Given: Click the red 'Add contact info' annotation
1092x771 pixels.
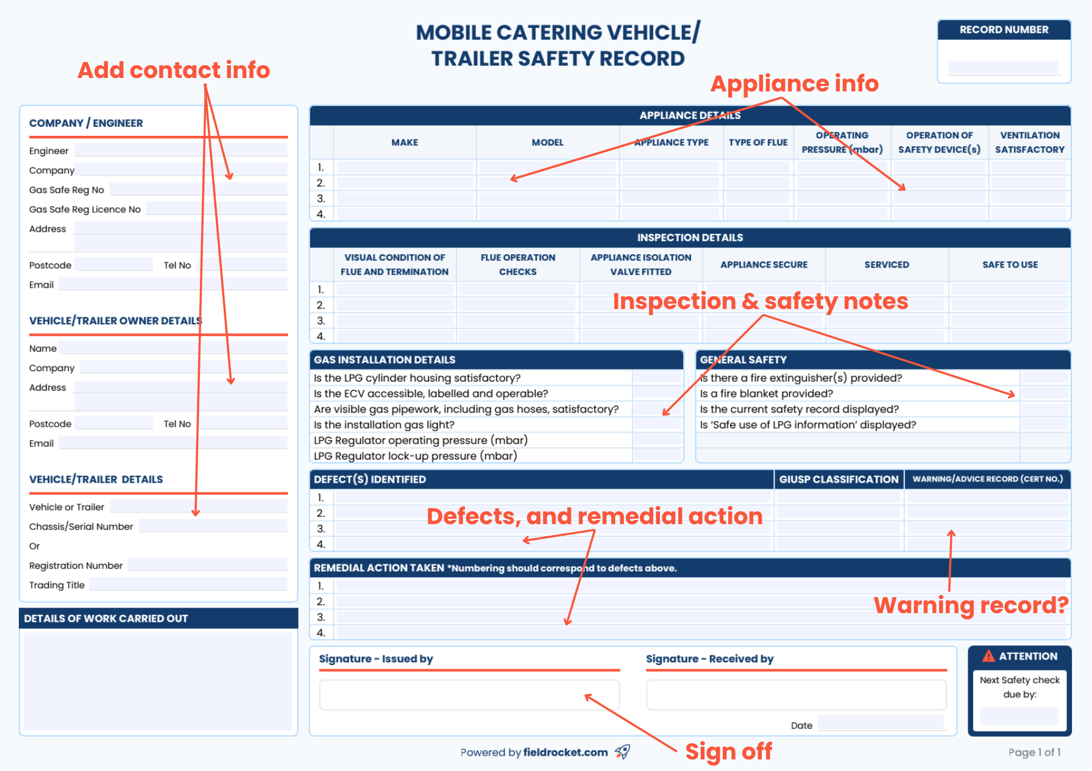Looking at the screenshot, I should click(x=174, y=70).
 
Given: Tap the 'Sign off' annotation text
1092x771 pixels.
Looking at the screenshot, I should click(x=728, y=751).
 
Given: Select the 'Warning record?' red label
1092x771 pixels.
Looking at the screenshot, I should click(x=971, y=605).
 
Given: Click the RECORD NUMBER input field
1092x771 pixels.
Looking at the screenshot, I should click(x=1003, y=68).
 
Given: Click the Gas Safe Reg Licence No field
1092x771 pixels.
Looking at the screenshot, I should click(x=216, y=209).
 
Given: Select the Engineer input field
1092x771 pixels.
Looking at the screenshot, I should click(x=180, y=151).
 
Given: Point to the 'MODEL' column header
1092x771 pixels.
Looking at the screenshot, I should click(x=547, y=143).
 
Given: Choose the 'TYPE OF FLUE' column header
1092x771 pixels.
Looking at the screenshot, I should click(x=758, y=143).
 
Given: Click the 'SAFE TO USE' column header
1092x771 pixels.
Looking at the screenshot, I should click(x=1010, y=265).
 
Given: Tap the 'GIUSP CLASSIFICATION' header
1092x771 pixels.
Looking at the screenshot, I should click(x=838, y=480).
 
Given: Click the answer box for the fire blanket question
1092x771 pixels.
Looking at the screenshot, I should click(x=1044, y=394).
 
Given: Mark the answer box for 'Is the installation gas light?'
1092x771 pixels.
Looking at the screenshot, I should click(x=657, y=425).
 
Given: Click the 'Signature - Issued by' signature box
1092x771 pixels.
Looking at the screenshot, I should click(x=469, y=695).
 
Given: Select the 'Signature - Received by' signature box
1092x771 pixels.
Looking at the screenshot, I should click(x=796, y=695).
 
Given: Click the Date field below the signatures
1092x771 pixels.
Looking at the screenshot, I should click(x=881, y=724).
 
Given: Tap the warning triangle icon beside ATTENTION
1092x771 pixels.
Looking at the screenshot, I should click(x=988, y=656).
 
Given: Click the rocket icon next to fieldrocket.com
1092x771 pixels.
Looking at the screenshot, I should click(x=622, y=751).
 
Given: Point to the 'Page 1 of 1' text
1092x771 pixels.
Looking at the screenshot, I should click(x=1034, y=752).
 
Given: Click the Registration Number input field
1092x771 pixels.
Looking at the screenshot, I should click(x=207, y=565).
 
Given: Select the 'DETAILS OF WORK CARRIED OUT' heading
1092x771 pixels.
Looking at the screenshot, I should click(x=106, y=619).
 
